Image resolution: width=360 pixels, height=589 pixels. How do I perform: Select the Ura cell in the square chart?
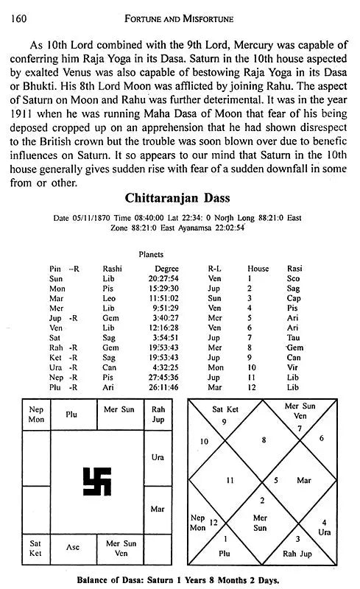point(158,457)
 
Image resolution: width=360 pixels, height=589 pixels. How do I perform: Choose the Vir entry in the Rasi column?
point(294,366)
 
